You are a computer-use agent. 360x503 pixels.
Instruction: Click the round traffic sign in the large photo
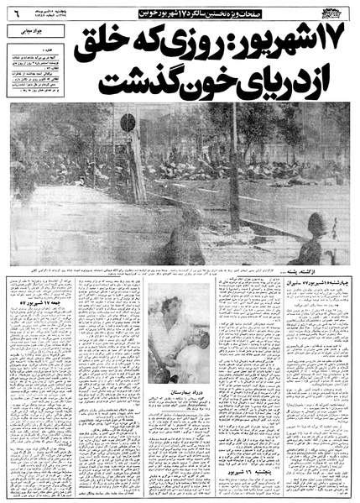coord(128,123)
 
